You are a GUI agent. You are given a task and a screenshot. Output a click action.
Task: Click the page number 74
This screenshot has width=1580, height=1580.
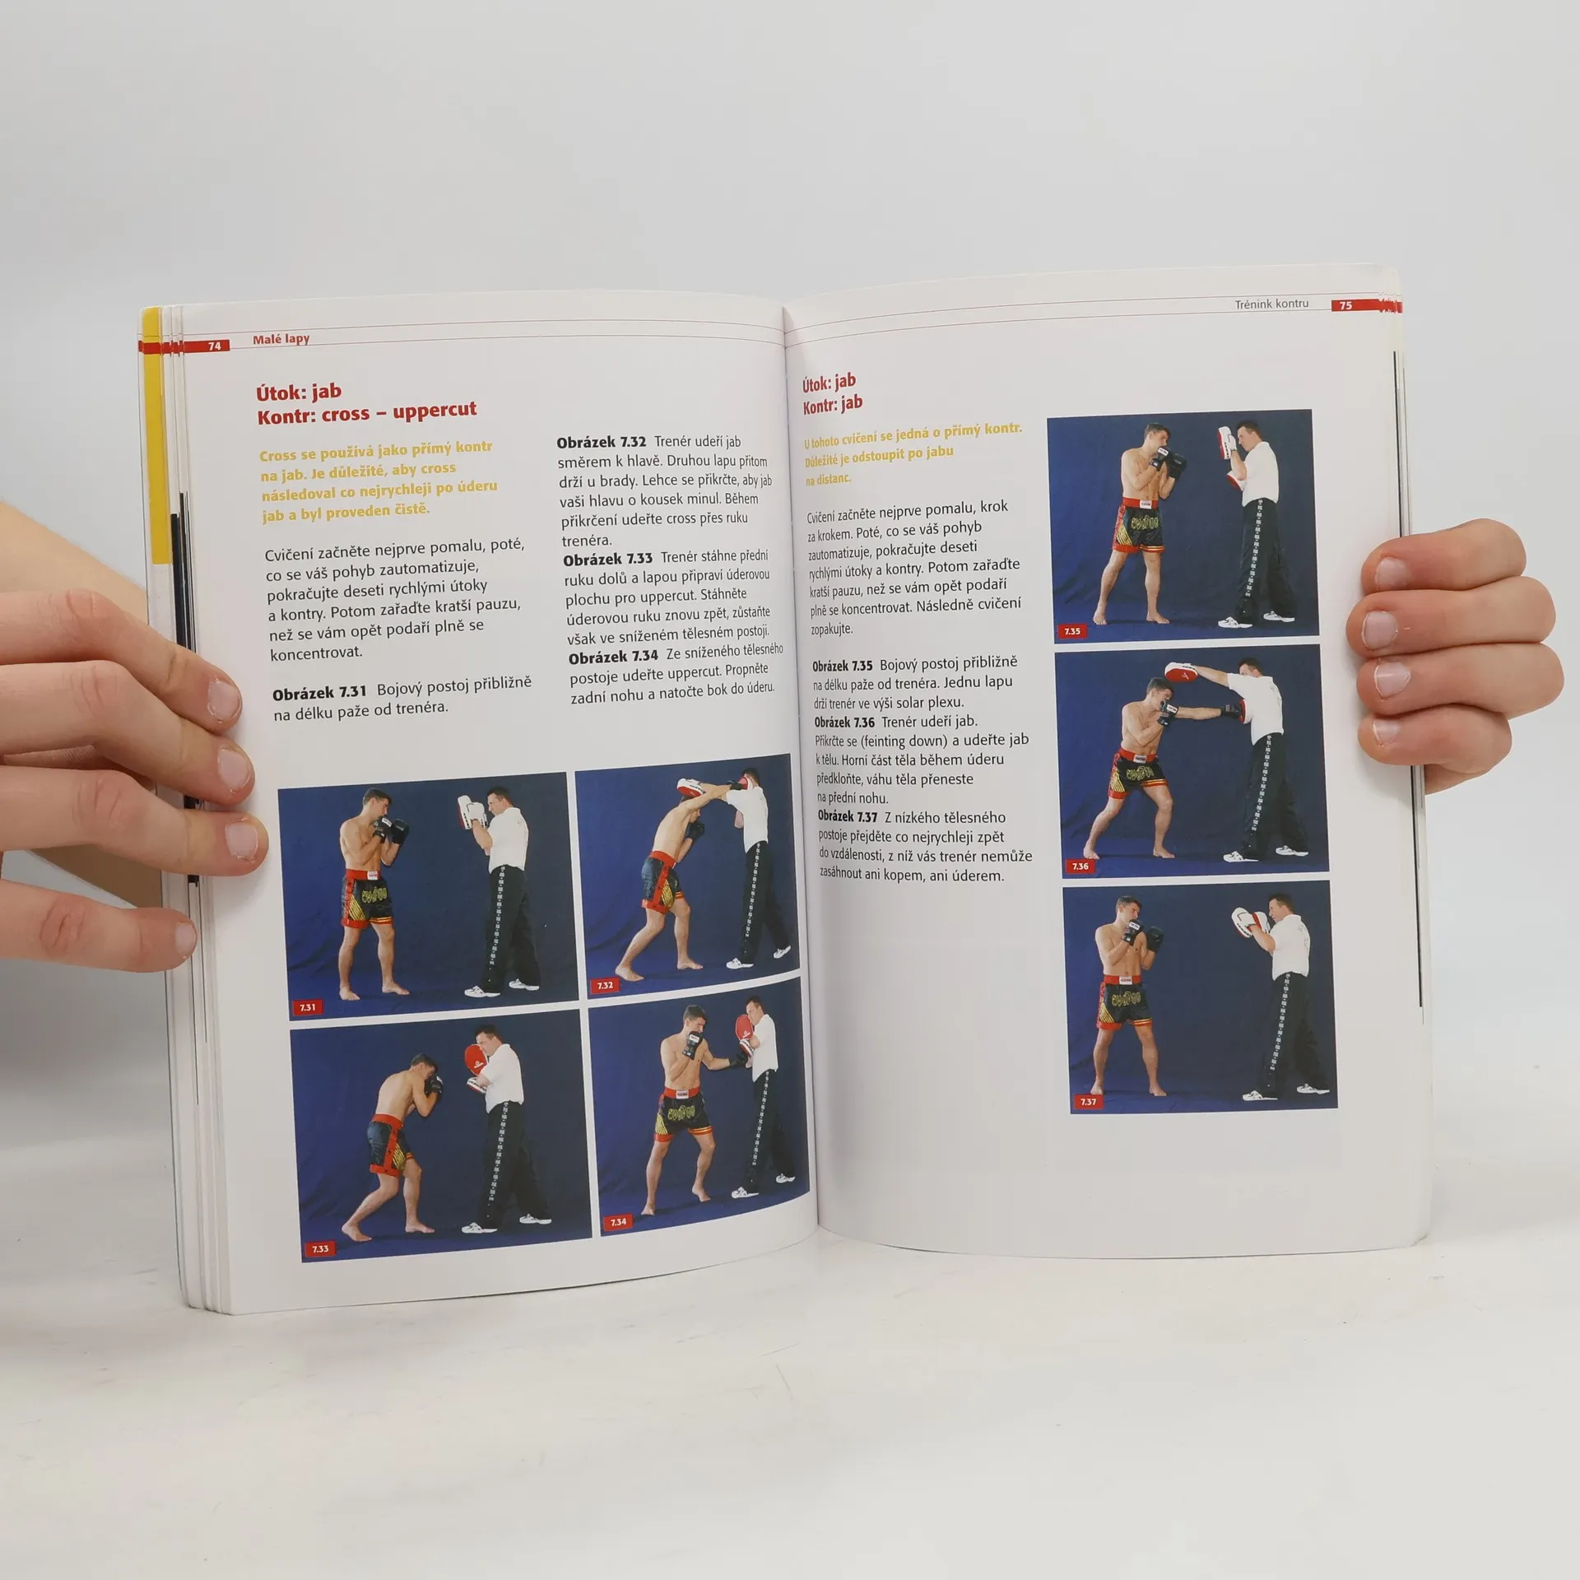214,346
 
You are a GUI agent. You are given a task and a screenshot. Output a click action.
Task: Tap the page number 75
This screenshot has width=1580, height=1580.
1345,305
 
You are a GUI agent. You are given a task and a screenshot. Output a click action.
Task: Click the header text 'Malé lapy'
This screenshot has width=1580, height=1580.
281,339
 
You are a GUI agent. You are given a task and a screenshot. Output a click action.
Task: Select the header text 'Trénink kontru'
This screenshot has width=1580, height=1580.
1271,303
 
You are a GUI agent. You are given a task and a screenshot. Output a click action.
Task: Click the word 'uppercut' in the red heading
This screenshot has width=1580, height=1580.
434,409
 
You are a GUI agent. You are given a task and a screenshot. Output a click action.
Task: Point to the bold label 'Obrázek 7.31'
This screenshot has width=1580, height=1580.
319,692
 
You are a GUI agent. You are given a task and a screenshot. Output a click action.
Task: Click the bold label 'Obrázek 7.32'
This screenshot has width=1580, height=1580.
602,443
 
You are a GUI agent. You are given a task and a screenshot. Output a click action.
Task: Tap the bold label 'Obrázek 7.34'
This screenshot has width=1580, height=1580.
614,657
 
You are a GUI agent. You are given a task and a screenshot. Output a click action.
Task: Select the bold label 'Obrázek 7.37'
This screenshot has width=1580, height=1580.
848,817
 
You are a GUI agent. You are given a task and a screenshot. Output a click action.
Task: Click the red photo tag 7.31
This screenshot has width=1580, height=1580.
308,1007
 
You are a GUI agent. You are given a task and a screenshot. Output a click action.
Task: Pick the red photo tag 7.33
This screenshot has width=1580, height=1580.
320,1271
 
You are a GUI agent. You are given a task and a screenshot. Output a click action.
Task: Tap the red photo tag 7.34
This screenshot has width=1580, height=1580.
618,1245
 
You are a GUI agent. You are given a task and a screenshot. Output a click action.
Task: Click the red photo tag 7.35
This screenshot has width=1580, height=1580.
1071,631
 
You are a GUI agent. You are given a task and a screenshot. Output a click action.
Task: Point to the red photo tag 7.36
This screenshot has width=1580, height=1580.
1080,866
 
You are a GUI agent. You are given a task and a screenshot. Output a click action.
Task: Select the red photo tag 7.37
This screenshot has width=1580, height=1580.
1088,1101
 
